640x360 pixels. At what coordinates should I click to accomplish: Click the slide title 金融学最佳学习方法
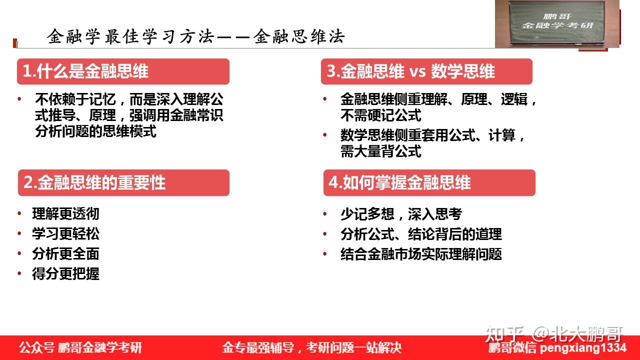coord(130,36)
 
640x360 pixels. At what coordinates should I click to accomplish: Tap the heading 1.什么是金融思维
coord(85,71)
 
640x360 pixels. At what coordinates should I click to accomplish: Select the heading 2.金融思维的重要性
coord(94,182)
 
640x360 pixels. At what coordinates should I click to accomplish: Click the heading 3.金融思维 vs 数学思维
coord(410,71)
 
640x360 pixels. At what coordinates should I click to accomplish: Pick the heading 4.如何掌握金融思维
coord(399,182)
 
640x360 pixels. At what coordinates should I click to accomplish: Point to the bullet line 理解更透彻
coord(65,213)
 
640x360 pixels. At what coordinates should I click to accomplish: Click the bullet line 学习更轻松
coord(65,233)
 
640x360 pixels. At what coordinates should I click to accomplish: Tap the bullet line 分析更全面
coord(65,253)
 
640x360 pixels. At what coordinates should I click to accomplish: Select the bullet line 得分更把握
coord(65,273)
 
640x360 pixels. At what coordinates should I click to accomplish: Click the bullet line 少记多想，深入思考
coord(401,213)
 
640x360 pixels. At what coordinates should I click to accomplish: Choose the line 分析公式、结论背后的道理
coord(421,234)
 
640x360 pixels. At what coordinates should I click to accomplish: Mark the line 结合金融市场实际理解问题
coord(421,254)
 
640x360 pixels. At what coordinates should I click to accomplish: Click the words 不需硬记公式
coord(381,115)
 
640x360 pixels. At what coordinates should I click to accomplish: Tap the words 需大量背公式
coord(381,151)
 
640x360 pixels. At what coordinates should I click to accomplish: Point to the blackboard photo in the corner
coord(557,23)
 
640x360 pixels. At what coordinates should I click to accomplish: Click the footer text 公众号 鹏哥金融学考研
coord(80,347)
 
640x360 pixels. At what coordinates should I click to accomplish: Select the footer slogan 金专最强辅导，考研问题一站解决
coord(312,347)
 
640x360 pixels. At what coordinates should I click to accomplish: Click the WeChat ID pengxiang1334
coord(583,348)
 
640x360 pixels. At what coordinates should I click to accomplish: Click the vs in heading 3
coord(417,72)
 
